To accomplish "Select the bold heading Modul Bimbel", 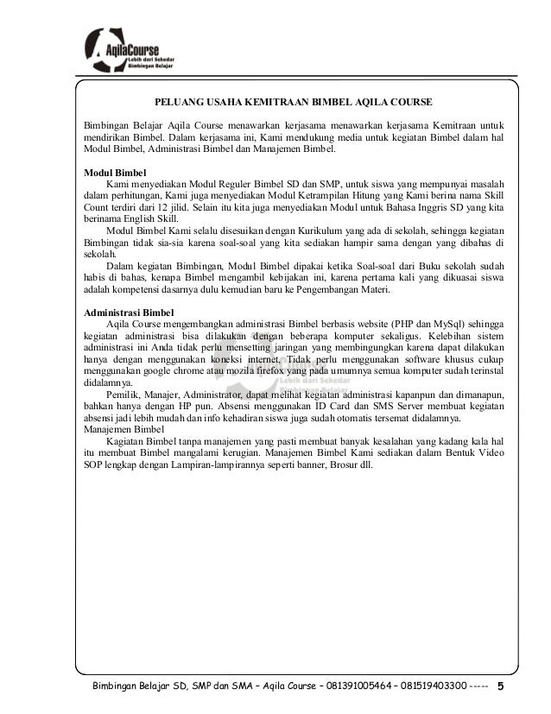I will coord(108,172).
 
